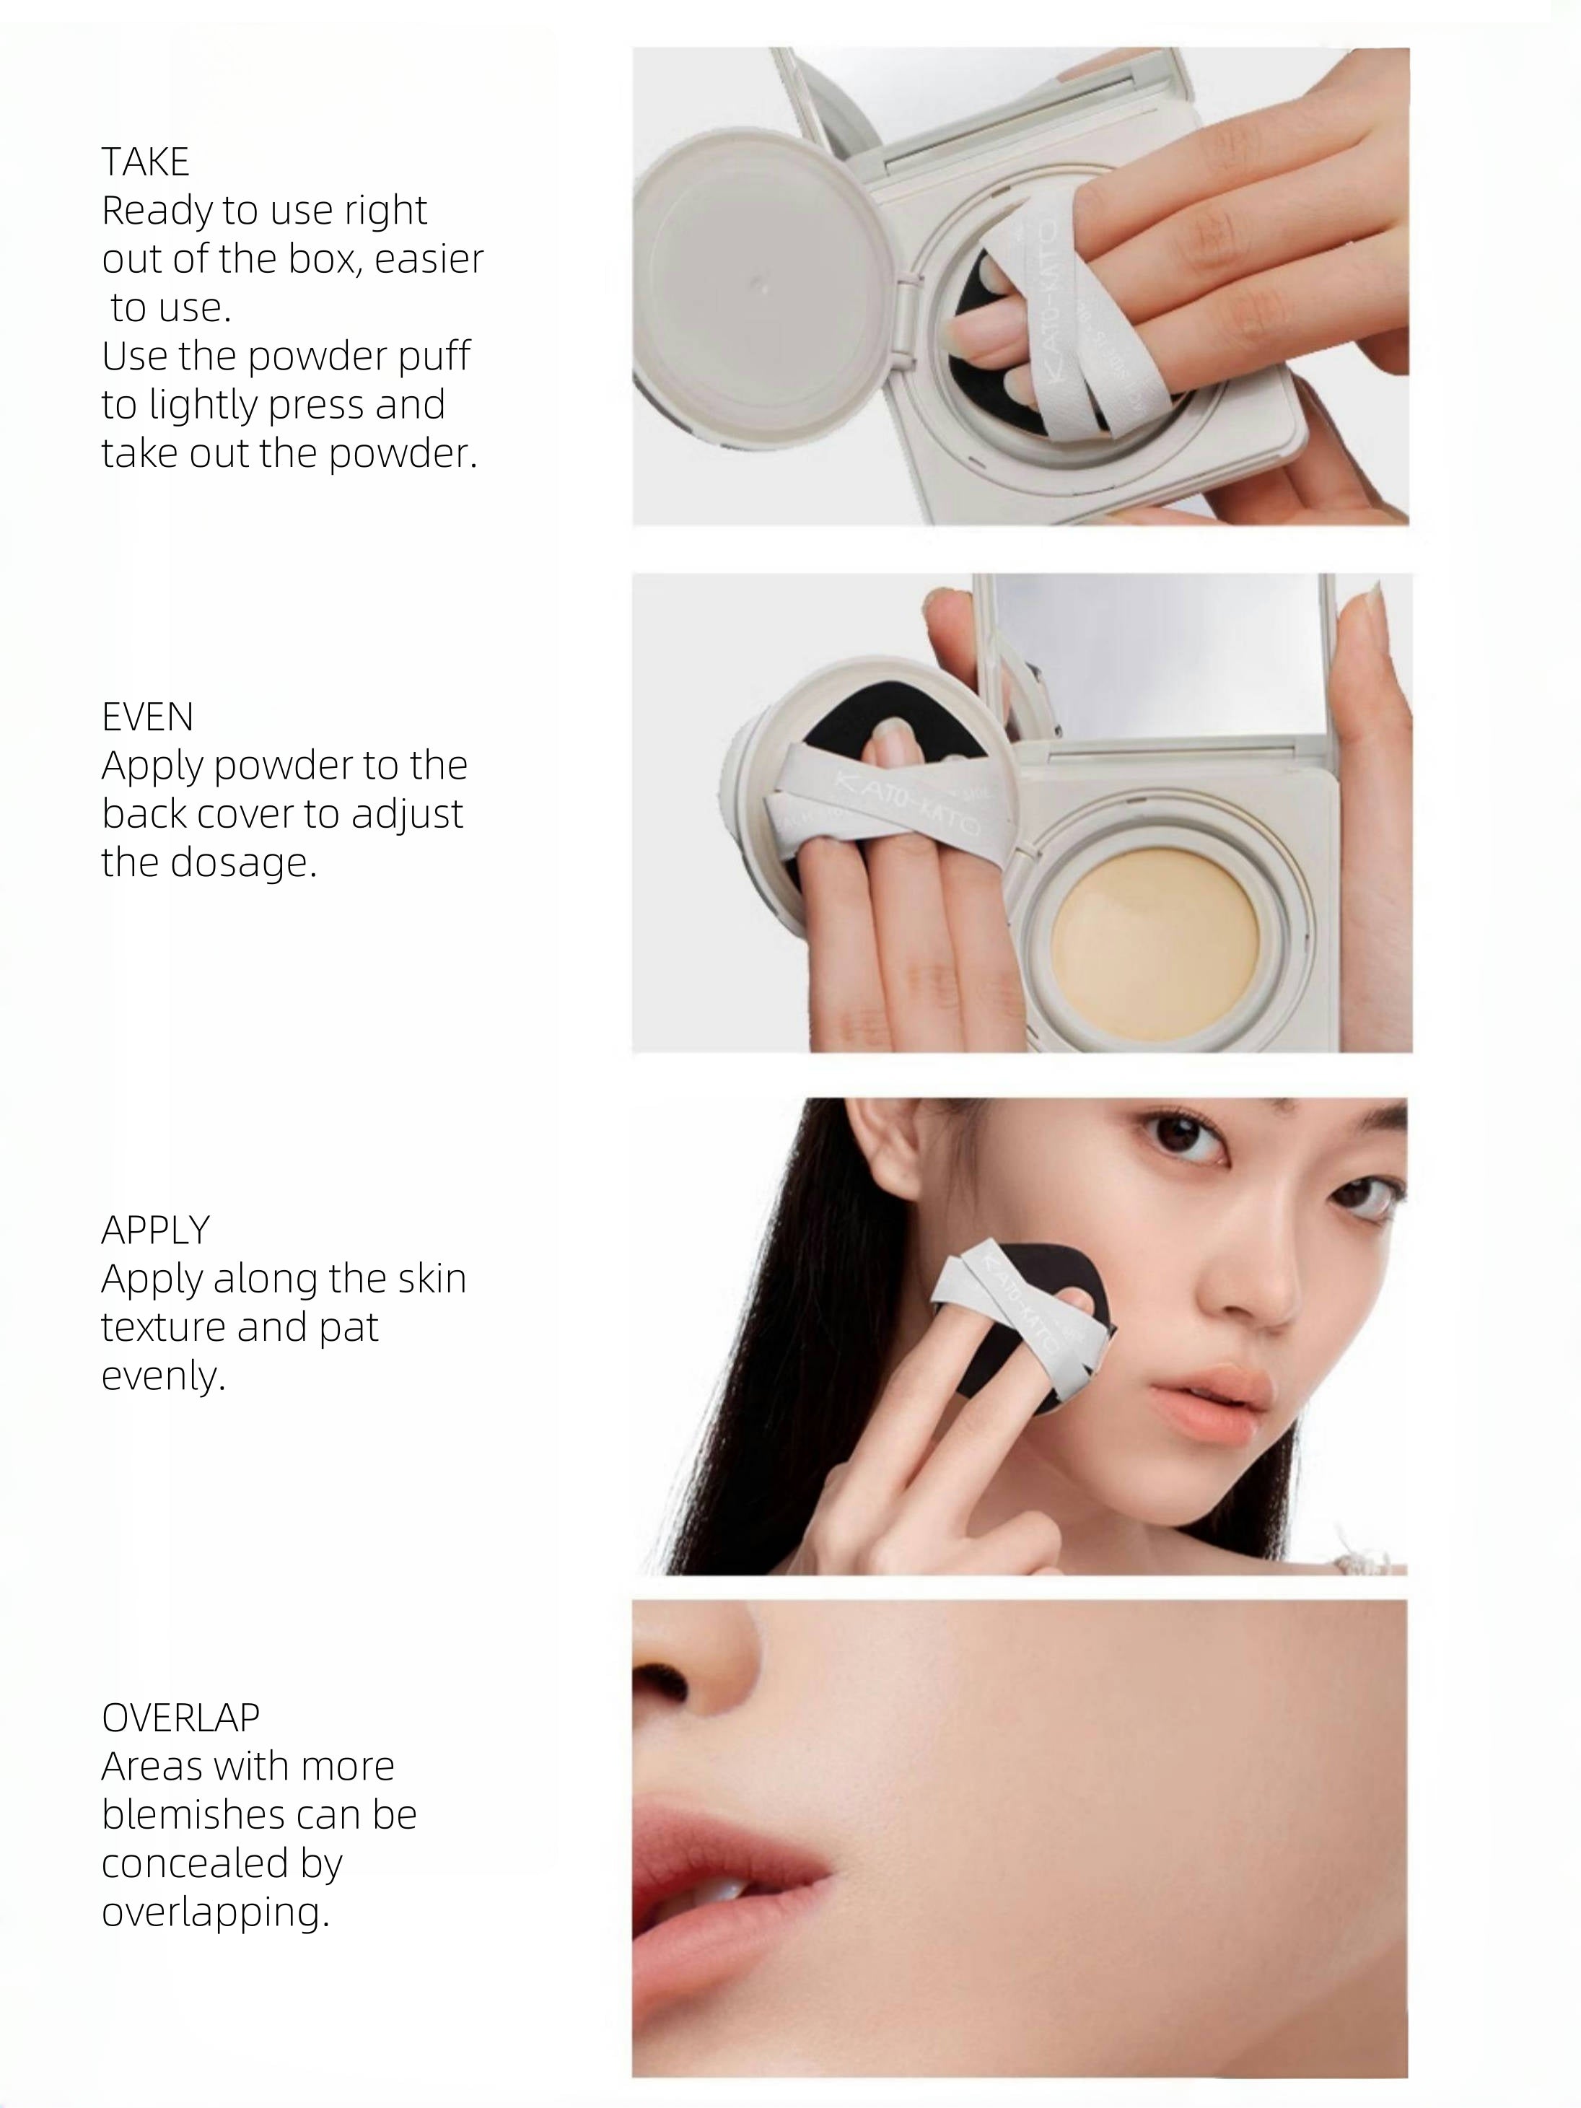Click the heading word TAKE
click(x=145, y=162)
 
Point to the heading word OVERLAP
click(x=180, y=1718)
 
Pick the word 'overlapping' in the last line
click(x=214, y=1912)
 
